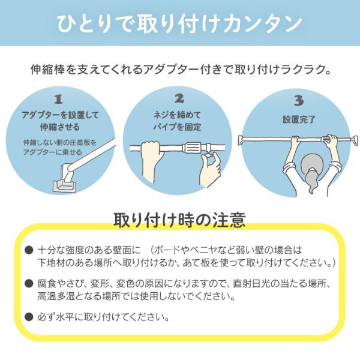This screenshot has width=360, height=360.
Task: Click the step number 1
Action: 58,100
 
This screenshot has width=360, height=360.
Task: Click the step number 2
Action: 179,99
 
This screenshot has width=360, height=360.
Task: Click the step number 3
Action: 298,101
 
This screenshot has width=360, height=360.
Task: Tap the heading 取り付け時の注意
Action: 179,220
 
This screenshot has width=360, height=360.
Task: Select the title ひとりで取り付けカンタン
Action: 179,23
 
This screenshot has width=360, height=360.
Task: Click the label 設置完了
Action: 299,119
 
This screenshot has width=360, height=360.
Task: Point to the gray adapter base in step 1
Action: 65,185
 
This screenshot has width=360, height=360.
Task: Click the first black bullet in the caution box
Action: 29,250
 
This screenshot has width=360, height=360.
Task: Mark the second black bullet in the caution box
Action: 29,283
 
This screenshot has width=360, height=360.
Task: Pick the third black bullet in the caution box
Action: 29,317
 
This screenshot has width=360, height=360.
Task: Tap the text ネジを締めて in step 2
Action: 177,115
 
